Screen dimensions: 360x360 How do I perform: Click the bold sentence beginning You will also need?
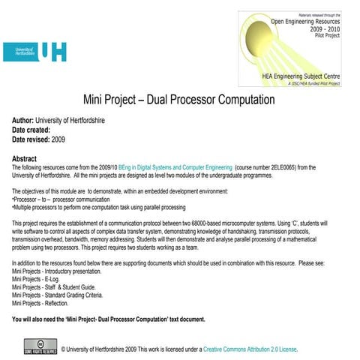[109, 320]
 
